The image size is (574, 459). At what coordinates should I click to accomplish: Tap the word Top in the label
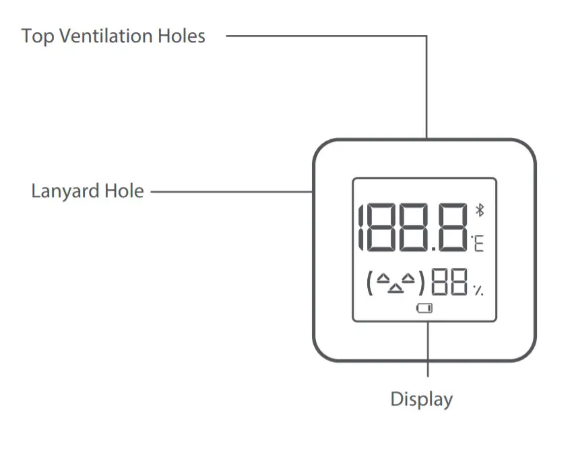click(38, 36)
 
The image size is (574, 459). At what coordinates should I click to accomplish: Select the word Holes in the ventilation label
click(183, 36)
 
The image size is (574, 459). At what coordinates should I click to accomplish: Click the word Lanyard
click(65, 192)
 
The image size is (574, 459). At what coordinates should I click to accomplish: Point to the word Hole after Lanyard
click(124, 191)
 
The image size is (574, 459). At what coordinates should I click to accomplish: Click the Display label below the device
click(422, 399)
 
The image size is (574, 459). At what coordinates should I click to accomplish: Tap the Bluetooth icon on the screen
click(480, 209)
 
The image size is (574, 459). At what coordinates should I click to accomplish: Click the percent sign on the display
click(478, 290)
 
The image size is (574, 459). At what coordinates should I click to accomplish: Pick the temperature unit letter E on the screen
click(478, 243)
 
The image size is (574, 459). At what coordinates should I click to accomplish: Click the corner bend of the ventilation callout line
click(427, 36)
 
